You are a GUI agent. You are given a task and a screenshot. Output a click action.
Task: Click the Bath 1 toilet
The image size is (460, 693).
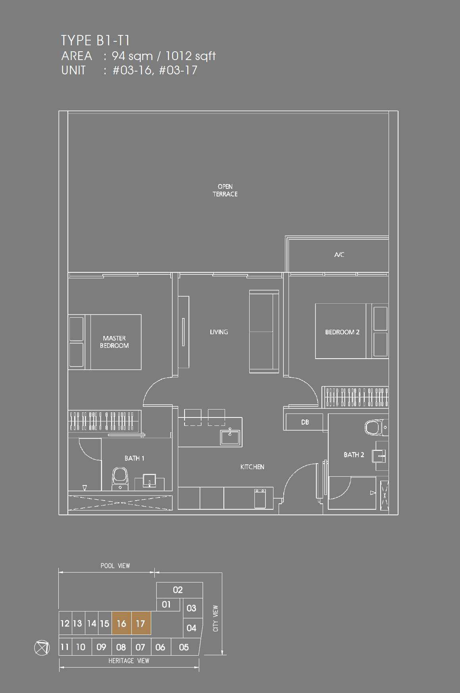(120, 479)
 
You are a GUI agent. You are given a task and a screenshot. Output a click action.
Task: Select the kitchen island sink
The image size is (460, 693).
(230, 437)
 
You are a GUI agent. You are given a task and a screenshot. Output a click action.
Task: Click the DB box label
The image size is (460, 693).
(305, 422)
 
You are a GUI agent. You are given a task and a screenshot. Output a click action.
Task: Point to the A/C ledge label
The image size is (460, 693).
(339, 254)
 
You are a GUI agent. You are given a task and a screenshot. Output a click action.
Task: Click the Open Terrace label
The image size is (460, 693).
(225, 190)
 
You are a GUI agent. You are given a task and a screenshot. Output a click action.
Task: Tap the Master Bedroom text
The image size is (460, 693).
(114, 342)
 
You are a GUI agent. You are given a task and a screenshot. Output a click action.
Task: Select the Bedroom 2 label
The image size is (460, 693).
(342, 332)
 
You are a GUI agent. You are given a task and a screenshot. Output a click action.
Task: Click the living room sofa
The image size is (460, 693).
(264, 332)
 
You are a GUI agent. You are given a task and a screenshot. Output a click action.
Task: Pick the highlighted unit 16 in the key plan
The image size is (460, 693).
(121, 623)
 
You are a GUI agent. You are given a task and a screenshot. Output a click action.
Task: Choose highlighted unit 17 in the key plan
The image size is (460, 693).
(141, 623)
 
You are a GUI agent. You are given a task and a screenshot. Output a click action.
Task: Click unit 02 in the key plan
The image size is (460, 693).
(178, 590)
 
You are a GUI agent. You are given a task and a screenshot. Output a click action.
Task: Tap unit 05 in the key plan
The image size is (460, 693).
(184, 647)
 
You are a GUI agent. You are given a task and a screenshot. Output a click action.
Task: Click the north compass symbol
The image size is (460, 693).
(42, 648)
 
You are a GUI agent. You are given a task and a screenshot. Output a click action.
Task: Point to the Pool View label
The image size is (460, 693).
(115, 565)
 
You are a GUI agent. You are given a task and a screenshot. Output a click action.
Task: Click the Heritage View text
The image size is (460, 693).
(129, 660)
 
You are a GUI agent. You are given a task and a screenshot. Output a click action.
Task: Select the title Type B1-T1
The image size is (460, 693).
(95, 41)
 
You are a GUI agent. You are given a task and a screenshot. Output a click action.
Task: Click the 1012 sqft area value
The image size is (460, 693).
(191, 56)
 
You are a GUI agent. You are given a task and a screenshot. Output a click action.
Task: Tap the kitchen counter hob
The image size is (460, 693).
(260, 498)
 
